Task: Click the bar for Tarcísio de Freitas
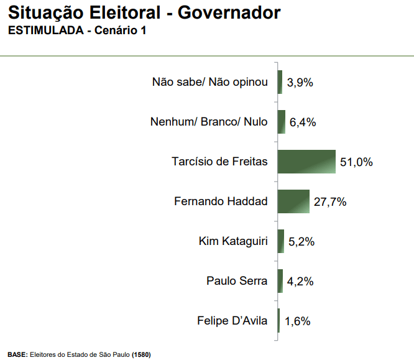306,162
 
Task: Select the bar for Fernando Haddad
293,201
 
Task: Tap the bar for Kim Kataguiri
281,241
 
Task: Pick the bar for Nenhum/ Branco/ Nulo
282,122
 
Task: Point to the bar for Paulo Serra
280,281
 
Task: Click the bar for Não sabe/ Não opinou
280,82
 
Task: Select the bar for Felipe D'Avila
278,321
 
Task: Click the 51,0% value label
356,162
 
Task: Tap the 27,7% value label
330,202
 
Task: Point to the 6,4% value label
303,122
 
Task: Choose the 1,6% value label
297,321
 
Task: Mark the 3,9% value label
299,83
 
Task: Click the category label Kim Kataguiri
233,241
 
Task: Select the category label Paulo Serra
237,281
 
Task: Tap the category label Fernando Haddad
221,201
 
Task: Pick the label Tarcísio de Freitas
219,162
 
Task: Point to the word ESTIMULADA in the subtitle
44,30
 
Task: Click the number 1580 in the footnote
141,355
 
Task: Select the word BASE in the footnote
17,355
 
